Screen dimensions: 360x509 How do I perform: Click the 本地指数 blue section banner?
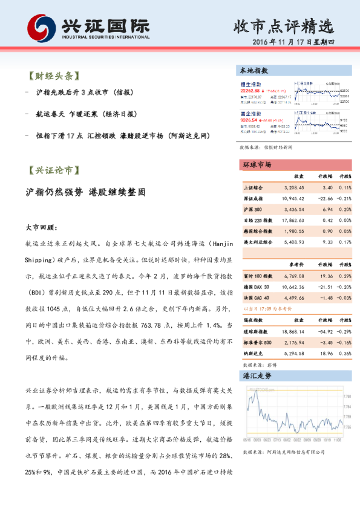pos(254,71)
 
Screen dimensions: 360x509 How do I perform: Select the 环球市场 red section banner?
pos(257,165)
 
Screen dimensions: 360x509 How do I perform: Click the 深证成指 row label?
pos(253,198)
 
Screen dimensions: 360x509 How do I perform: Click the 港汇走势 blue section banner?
pos(257,375)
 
